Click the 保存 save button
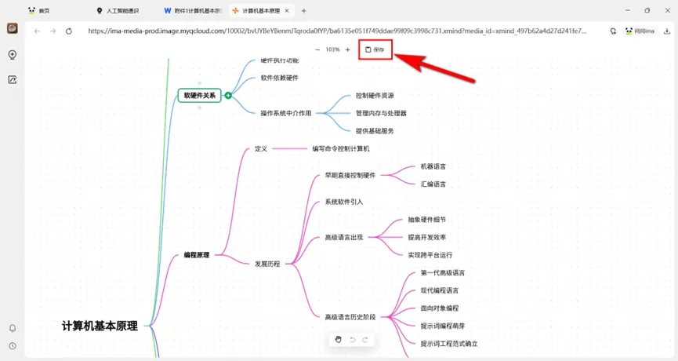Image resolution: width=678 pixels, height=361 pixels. click(375, 49)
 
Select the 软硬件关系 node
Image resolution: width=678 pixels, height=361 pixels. click(199, 95)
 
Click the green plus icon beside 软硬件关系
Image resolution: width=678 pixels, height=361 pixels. click(228, 95)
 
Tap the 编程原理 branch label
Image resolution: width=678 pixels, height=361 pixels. click(197, 255)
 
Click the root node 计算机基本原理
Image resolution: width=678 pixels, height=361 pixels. click(100, 326)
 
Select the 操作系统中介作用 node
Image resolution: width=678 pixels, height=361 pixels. click(285, 113)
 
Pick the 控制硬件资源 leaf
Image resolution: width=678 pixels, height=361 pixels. click(375, 95)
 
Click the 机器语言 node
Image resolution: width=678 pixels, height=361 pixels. click(433, 166)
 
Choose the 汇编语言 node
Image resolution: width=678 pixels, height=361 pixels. click(433, 184)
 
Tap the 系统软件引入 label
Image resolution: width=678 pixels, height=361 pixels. click(344, 202)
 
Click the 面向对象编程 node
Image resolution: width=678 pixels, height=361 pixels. click(440, 308)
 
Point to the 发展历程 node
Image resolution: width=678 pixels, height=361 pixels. click(267, 264)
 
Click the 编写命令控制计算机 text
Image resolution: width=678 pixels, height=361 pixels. click(341, 148)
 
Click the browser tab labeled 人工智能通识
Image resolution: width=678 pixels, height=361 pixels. click(124, 11)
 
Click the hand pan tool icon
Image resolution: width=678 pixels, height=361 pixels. click(339, 339)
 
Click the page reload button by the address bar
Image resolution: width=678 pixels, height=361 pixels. click(69, 31)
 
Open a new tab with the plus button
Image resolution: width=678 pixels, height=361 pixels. click(304, 11)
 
